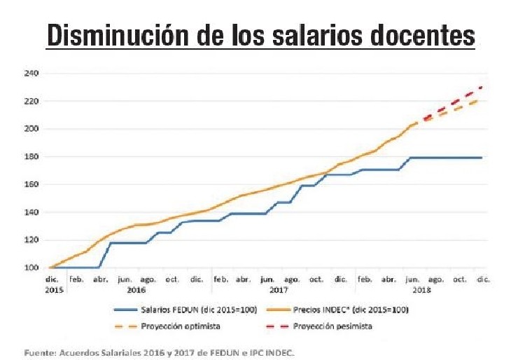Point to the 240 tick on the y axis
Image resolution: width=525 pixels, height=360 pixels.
tap(31, 73)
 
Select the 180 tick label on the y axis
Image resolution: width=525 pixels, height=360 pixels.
tap(31, 156)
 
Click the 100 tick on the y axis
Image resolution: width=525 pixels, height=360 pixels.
tap(31, 268)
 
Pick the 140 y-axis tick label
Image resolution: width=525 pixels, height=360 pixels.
tap(31, 212)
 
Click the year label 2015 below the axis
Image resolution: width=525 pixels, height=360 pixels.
tap(53, 288)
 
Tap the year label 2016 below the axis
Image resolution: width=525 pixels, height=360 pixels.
tap(137, 288)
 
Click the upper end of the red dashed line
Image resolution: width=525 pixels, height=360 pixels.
tap(482, 87)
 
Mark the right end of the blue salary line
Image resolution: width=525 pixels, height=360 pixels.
tap(482, 158)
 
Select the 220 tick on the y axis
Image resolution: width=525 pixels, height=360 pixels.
tap(31, 101)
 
